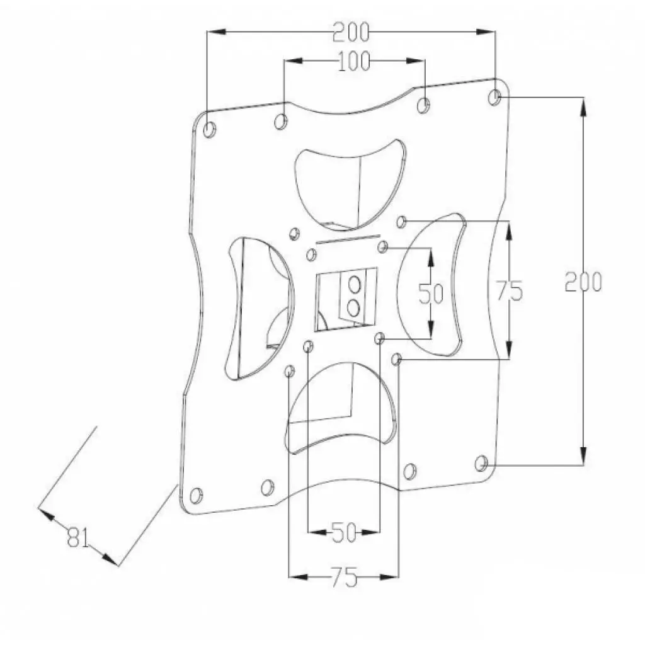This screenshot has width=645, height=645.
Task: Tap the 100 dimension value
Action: click(354, 62)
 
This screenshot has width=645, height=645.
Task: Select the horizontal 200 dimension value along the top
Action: click(351, 31)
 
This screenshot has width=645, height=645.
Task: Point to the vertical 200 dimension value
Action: click(583, 282)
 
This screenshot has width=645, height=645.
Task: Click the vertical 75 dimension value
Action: click(509, 290)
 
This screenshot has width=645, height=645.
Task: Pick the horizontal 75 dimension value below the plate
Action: click(343, 576)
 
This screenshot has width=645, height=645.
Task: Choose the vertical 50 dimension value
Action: click(431, 293)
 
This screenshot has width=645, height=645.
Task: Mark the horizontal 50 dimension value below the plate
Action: click(344, 534)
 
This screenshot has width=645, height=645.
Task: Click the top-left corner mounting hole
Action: click(210, 129)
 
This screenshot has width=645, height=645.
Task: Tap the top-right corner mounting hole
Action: click(496, 97)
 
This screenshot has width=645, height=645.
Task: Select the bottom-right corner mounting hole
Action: click(482, 464)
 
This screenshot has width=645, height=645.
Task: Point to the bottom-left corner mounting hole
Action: click(197, 494)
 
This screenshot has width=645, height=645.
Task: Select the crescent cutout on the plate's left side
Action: click(258, 309)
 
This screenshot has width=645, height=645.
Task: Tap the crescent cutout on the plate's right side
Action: click(435, 283)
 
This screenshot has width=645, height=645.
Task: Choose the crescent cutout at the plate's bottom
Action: click(340, 406)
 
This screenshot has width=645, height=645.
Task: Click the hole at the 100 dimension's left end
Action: click(282, 120)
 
